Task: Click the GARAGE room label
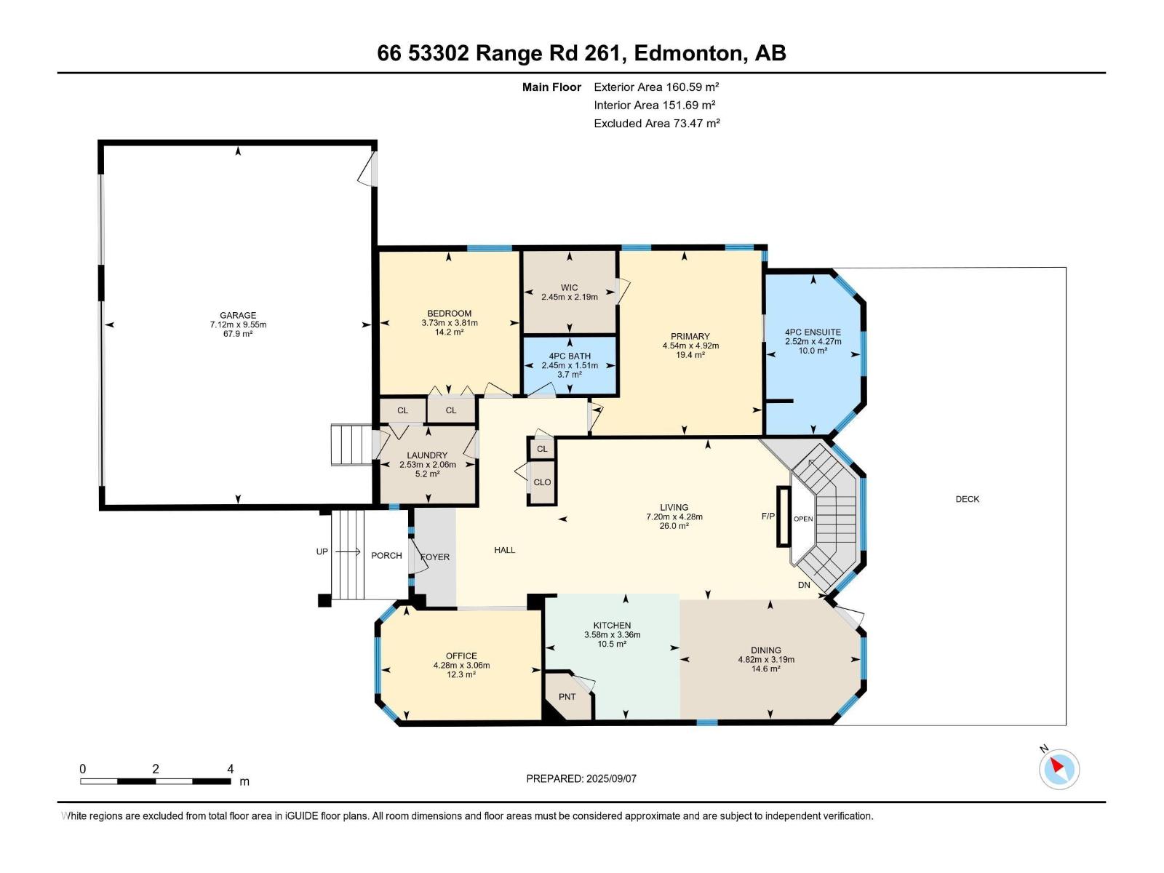click(238, 316)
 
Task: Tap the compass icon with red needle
click(1059, 769)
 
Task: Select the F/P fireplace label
click(768, 517)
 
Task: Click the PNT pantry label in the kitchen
click(567, 697)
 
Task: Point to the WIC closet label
click(569, 287)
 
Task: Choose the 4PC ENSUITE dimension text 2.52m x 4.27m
click(813, 341)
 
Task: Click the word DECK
click(967, 499)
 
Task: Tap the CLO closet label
click(542, 482)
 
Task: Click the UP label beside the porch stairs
click(322, 551)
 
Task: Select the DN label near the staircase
click(804, 585)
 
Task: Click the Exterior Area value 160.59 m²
click(692, 87)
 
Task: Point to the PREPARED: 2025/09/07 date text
click(581, 778)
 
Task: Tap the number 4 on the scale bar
click(231, 769)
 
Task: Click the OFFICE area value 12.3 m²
click(461, 674)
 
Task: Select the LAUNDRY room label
click(427, 455)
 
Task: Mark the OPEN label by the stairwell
click(803, 519)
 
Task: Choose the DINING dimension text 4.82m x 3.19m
click(766, 660)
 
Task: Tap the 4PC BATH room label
click(570, 356)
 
